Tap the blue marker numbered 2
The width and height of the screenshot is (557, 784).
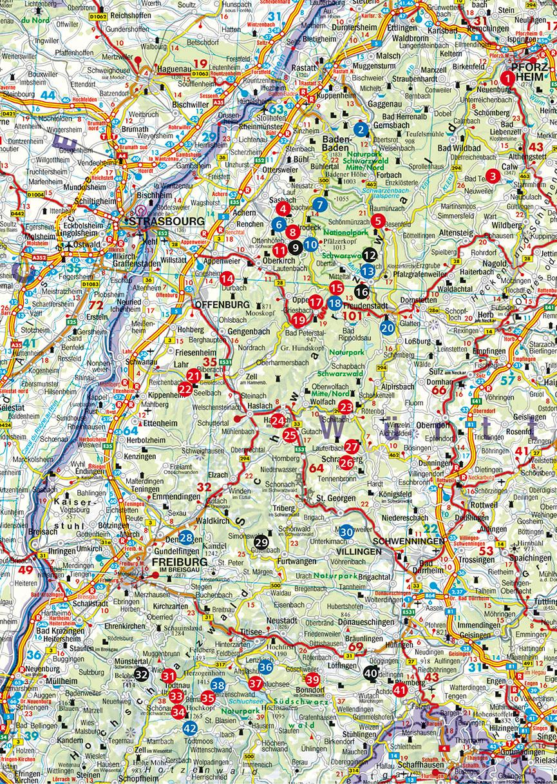(363, 129)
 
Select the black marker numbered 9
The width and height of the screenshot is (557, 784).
(493, 175)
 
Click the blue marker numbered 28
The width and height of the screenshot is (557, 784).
(186, 538)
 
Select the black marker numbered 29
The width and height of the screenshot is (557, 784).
(261, 542)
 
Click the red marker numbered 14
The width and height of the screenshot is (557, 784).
(227, 278)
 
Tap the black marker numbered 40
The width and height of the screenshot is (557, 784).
(371, 673)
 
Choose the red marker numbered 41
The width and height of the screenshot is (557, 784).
(400, 690)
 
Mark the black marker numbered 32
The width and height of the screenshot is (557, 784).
(142, 674)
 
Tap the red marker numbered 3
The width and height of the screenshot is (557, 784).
(493, 175)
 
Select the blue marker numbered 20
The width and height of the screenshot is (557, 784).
(386, 327)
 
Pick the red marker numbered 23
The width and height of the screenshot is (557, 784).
(346, 406)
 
